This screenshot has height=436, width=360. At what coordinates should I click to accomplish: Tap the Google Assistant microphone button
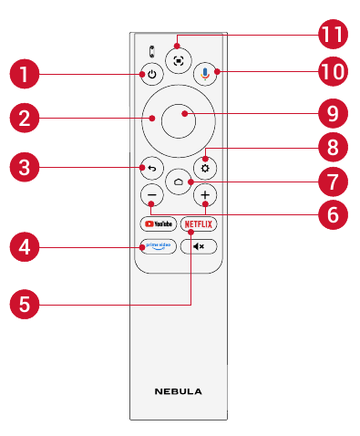pyautogui.click(x=205, y=74)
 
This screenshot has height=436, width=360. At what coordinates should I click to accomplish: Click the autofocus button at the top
pyautogui.click(x=179, y=61)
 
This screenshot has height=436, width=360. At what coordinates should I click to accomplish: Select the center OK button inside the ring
pyautogui.click(x=179, y=120)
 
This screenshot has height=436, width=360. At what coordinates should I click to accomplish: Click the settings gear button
pyautogui.click(x=205, y=168)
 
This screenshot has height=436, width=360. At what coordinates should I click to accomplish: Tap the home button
pyautogui.click(x=179, y=182)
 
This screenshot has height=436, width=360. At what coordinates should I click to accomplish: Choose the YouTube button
pyautogui.click(x=159, y=224)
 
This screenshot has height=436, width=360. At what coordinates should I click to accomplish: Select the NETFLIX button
pyautogui.click(x=199, y=224)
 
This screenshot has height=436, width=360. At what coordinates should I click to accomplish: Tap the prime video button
pyautogui.click(x=159, y=246)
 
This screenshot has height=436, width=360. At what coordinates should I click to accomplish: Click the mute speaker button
pyautogui.click(x=199, y=246)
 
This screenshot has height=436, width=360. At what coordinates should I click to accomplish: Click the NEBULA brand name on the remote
pyautogui.click(x=179, y=391)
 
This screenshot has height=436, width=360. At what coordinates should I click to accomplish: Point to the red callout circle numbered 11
pyautogui.click(x=333, y=34)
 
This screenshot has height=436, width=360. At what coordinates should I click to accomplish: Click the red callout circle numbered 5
pyautogui.click(x=25, y=305)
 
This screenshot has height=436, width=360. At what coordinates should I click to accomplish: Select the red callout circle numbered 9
pyautogui.click(x=333, y=113)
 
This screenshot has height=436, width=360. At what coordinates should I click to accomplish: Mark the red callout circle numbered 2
pyautogui.click(x=25, y=118)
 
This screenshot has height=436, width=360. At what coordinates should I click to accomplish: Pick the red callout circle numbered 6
pyautogui.click(x=333, y=214)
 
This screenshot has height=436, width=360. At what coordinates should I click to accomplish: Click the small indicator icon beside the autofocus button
pyautogui.click(x=152, y=52)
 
